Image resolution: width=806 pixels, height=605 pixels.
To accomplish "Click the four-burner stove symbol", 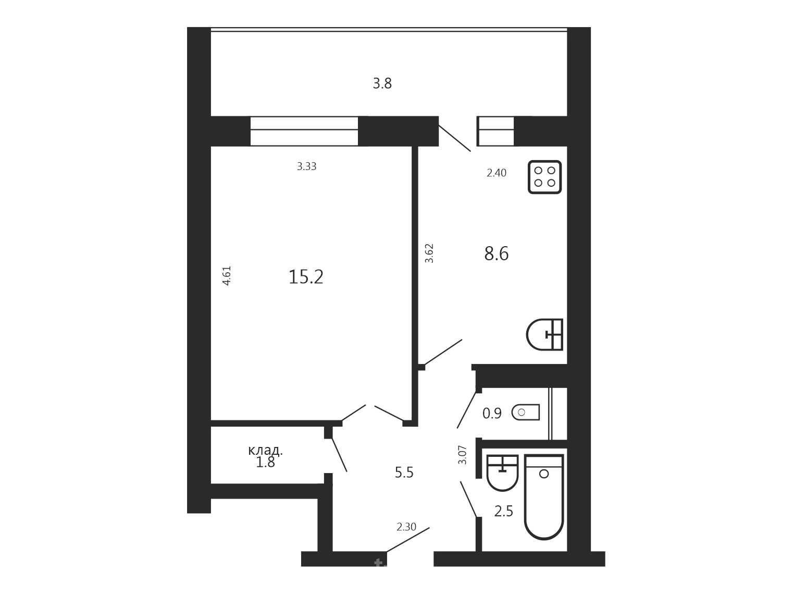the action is coord(544,177).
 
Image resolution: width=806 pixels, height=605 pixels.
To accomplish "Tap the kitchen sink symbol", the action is coord(544,334).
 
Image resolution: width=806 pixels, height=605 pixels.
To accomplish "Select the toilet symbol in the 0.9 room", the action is coord(526,412).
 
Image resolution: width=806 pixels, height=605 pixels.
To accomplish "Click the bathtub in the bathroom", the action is coord(544,497).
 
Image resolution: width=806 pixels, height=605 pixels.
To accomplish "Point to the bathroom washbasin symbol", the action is coord(502,473).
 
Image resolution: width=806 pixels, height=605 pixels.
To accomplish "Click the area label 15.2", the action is coord(306,277).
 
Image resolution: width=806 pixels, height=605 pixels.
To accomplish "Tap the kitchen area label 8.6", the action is coord(497,253).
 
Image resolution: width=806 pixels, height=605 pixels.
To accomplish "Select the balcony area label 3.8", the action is coord(382,83).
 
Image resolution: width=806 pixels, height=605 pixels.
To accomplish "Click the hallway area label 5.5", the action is coord(404,473).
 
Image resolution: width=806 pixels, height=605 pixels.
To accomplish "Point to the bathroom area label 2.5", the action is coord(503,511).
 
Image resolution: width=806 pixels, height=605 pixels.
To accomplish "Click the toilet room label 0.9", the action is coord(492,414).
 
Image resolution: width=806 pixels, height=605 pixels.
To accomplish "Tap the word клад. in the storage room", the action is coord(266,450).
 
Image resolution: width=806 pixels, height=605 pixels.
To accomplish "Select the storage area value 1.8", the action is coord(265,463).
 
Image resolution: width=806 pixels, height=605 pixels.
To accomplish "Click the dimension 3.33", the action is coord(306,166).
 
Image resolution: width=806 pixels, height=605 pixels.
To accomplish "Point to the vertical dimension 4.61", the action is coord(227,276).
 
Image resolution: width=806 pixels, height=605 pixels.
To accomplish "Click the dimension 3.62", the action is coord(429,253).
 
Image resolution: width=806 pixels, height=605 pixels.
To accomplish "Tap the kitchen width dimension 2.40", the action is coord(497,173).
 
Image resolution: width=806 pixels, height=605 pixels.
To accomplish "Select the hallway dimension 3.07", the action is coord(463,455).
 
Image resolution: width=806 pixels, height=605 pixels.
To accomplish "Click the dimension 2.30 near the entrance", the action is coord(406,527).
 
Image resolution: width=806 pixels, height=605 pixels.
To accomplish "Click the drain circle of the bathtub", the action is coord(544,474).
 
